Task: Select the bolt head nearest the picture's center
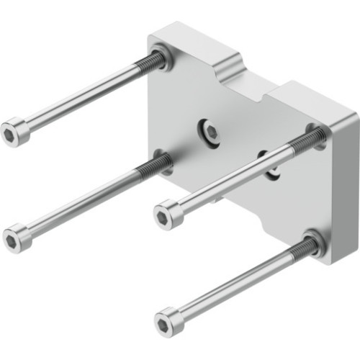coord(167,213)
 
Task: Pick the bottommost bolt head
coord(168,319)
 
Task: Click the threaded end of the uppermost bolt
coord(148,65)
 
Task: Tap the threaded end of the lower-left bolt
coord(153,168)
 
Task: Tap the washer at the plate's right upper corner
coord(317,134)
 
